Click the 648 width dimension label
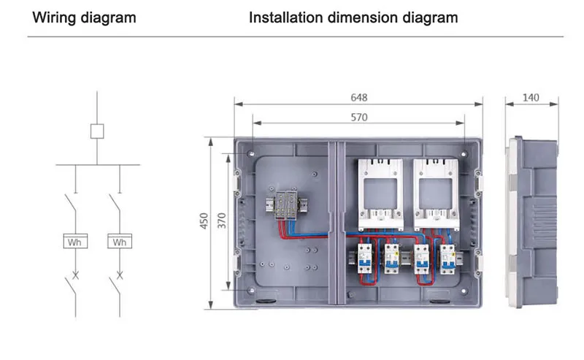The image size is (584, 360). coord(358,98)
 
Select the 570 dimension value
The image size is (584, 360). coord(358,117)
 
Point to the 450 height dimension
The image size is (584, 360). coord(205,221)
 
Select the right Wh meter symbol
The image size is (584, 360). coord(120,242)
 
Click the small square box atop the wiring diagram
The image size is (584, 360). coord(96,131)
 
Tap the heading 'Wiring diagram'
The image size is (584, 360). coord(85,18)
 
